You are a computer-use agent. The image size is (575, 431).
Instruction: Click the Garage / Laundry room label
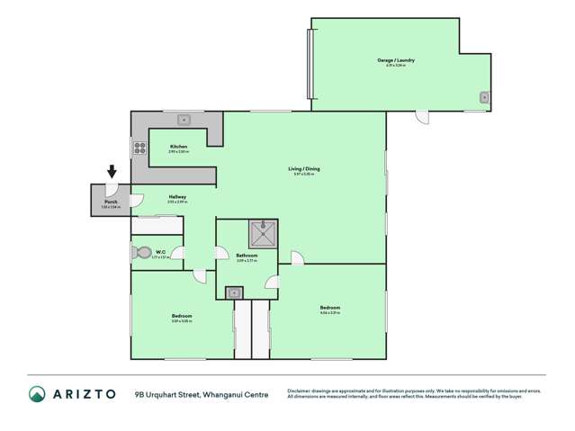point(395,60)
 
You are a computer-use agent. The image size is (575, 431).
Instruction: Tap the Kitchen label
point(178,147)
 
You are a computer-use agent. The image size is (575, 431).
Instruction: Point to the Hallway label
point(177,196)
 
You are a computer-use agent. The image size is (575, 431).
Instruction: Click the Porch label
point(110,203)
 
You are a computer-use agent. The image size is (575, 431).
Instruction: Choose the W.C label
point(159,252)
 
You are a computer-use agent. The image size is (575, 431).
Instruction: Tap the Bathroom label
point(247,256)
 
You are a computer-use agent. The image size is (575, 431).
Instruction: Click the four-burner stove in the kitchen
point(139,148)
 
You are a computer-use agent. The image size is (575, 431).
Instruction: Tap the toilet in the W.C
point(140,254)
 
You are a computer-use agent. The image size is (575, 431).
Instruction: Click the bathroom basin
point(233,292)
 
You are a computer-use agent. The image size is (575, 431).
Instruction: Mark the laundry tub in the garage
point(484,97)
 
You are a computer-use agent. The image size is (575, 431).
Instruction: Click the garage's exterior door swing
point(422,117)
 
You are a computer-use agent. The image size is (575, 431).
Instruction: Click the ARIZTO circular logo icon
point(37,394)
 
